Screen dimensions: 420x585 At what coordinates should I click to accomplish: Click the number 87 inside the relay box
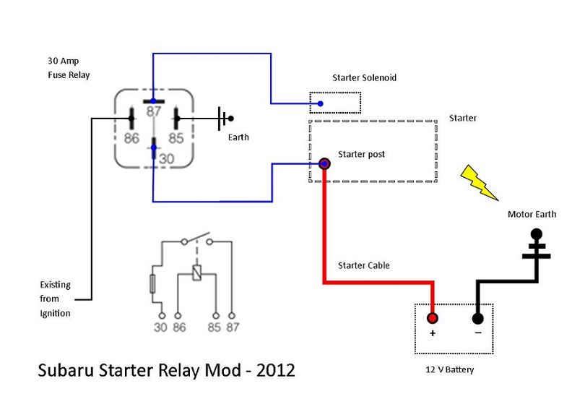(x=153, y=111)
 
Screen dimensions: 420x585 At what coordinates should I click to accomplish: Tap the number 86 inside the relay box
(x=131, y=138)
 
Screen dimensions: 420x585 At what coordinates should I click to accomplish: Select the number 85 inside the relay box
(x=176, y=138)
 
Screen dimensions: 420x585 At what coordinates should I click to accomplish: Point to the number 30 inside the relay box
(x=167, y=157)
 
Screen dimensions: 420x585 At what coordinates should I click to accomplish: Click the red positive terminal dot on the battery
(x=433, y=317)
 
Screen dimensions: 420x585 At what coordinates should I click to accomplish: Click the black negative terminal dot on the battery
(x=477, y=317)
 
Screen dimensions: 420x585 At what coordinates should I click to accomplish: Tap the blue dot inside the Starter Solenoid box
(x=320, y=104)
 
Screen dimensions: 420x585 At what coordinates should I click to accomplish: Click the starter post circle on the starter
(x=324, y=165)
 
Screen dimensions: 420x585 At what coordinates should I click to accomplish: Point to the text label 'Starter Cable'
(x=364, y=265)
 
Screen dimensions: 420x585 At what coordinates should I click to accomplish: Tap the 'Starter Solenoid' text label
(x=364, y=77)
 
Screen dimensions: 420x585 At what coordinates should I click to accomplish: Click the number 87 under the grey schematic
(x=231, y=327)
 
